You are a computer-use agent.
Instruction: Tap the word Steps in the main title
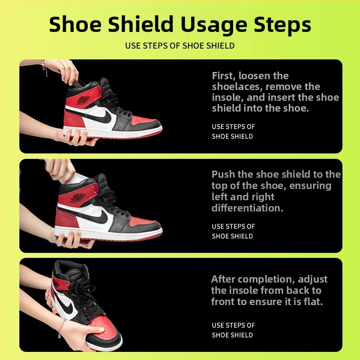[283, 25]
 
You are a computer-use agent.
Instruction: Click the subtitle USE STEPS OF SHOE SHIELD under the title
[180, 46]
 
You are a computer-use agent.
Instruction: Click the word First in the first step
[224, 76]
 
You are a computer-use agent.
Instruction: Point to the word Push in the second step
[223, 175]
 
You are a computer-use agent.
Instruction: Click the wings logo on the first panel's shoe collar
[83, 100]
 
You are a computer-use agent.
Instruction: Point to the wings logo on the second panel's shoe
[77, 198]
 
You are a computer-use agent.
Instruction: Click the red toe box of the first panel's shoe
[142, 121]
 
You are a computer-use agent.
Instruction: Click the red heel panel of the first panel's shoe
[74, 119]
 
